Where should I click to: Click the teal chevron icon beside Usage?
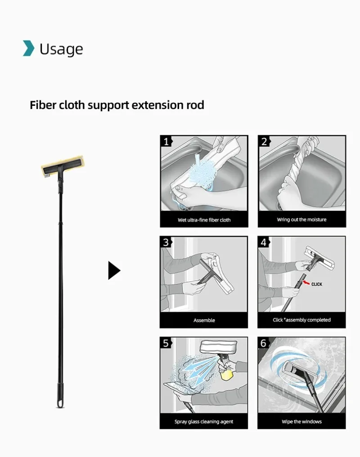point(28,48)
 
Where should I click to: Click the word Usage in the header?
point(61,49)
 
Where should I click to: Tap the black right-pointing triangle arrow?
point(114,271)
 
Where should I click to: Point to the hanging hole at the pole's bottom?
point(60,403)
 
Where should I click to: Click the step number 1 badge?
point(166,141)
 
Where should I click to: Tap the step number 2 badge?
point(264,141)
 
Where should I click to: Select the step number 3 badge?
point(166,242)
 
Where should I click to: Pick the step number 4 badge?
point(264,242)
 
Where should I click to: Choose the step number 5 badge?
point(166,344)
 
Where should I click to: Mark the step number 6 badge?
point(264,344)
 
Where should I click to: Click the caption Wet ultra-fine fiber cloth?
point(204,220)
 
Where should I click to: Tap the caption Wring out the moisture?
point(301,220)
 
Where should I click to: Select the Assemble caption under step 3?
point(204,321)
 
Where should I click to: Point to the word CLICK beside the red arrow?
point(317,285)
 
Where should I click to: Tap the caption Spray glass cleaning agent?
point(204,422)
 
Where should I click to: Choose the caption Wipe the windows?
point(301,422)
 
